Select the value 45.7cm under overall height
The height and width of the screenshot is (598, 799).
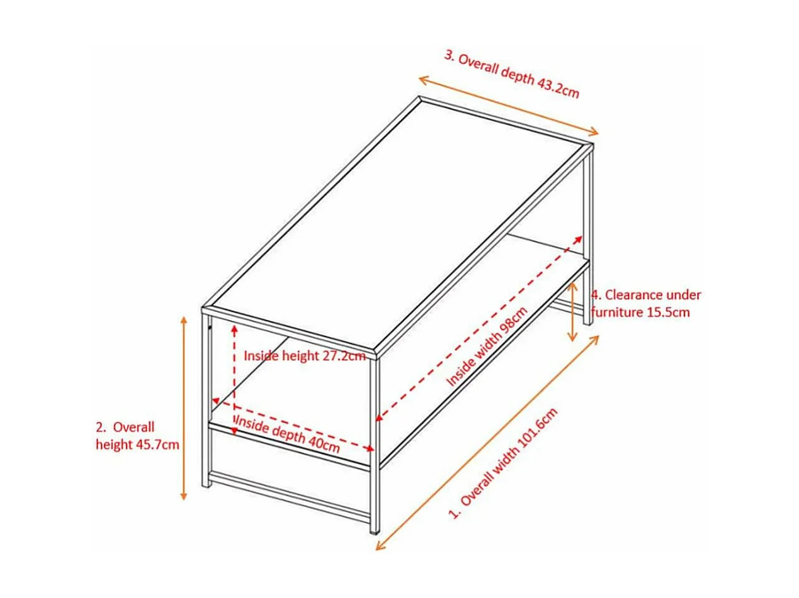point(157,445)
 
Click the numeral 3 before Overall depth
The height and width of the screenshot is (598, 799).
point(448,54)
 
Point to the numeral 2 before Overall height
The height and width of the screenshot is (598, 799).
point(100,428)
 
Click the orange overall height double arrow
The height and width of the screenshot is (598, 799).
point(184,409)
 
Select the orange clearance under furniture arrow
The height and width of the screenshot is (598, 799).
point(572,312)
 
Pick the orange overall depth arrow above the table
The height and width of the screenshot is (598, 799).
point(509,106)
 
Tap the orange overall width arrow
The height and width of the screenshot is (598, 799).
point(488,443)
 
